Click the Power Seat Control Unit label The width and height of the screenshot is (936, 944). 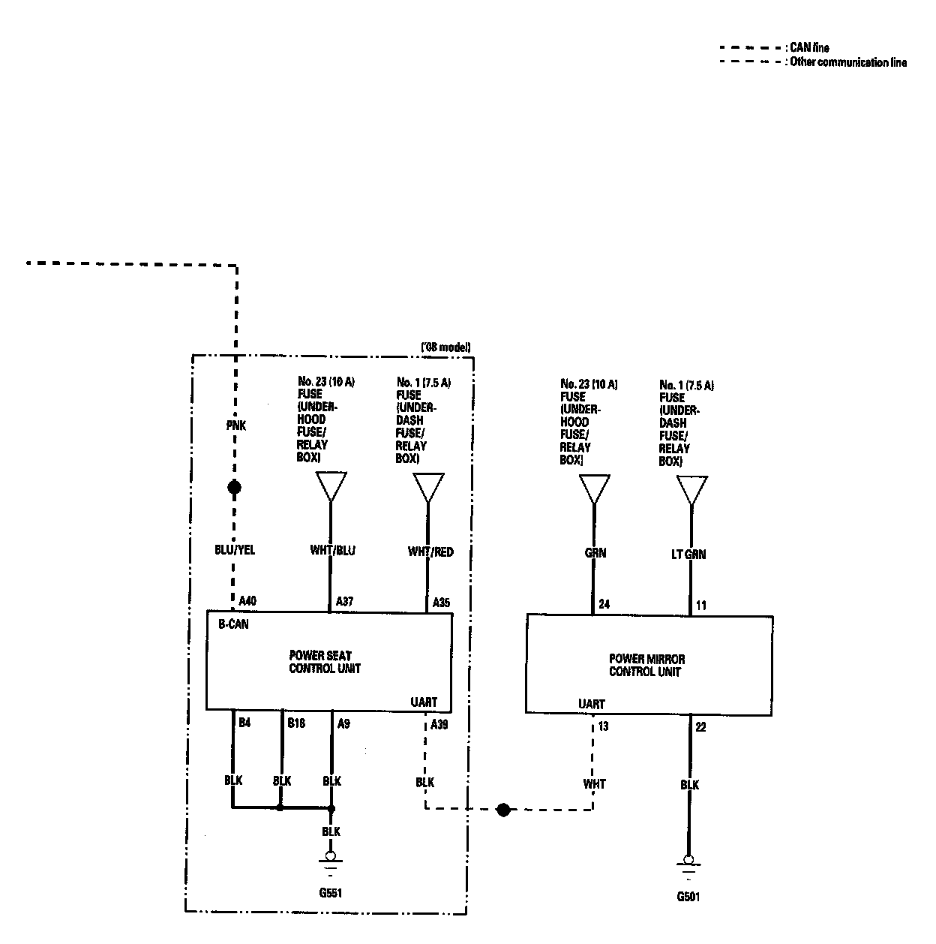click(x=325, y=662)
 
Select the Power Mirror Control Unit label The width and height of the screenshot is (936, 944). click(x=646, y=666)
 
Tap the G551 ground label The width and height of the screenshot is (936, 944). click(x=330, y=893)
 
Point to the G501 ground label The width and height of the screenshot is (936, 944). click(x=688, y=896)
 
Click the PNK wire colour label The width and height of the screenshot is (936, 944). click(x=235, y=425)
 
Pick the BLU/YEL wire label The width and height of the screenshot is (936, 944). click(x=235, y=550)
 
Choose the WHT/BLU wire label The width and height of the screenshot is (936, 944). click(x=332, y=550)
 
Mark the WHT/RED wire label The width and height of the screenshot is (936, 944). click(x=430, y=552)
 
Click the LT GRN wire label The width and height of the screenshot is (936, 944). click(x=688, y=555)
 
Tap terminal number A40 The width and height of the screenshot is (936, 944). click(x=247, y=601)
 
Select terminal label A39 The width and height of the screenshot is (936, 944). click(x=439, y=724)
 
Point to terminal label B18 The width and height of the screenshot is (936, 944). click(x=296, y=723)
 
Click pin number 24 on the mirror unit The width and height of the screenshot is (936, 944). click(x=604, y=604)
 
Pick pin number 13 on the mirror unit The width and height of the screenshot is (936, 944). click(x=604, y=726)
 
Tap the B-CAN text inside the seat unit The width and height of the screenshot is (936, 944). click(x=233, y=624)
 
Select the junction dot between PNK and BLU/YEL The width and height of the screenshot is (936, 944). click(x=235, y=488)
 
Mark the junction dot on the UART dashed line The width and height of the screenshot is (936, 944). click(x=503, y=810)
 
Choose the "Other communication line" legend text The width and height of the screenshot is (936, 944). click(x=848, y=62)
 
